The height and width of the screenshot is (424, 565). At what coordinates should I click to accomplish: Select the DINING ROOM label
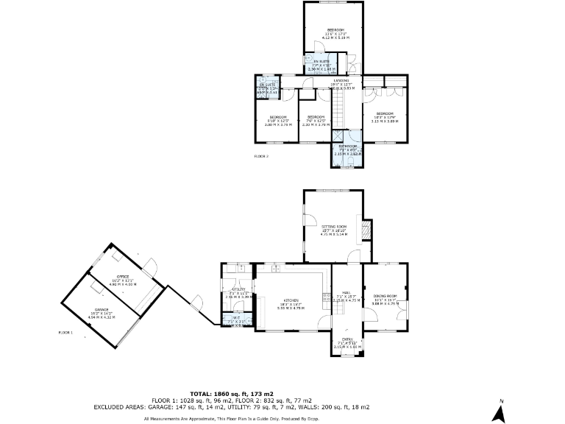(385, 295)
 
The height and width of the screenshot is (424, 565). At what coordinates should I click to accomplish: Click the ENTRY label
(345, 339)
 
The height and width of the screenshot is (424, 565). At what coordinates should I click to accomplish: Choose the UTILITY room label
(238, 289)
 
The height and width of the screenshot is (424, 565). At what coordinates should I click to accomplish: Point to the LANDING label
(341, 80)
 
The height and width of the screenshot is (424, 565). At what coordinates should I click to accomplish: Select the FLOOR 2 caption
(261, 157)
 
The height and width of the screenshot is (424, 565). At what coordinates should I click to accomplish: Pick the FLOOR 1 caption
(65, 333)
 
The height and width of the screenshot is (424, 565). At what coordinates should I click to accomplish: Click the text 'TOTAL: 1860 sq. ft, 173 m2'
(232, 394)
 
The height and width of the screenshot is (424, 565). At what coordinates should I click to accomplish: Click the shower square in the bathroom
(340, 135)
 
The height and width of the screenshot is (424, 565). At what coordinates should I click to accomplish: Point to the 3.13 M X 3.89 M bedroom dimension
(385, 121)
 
